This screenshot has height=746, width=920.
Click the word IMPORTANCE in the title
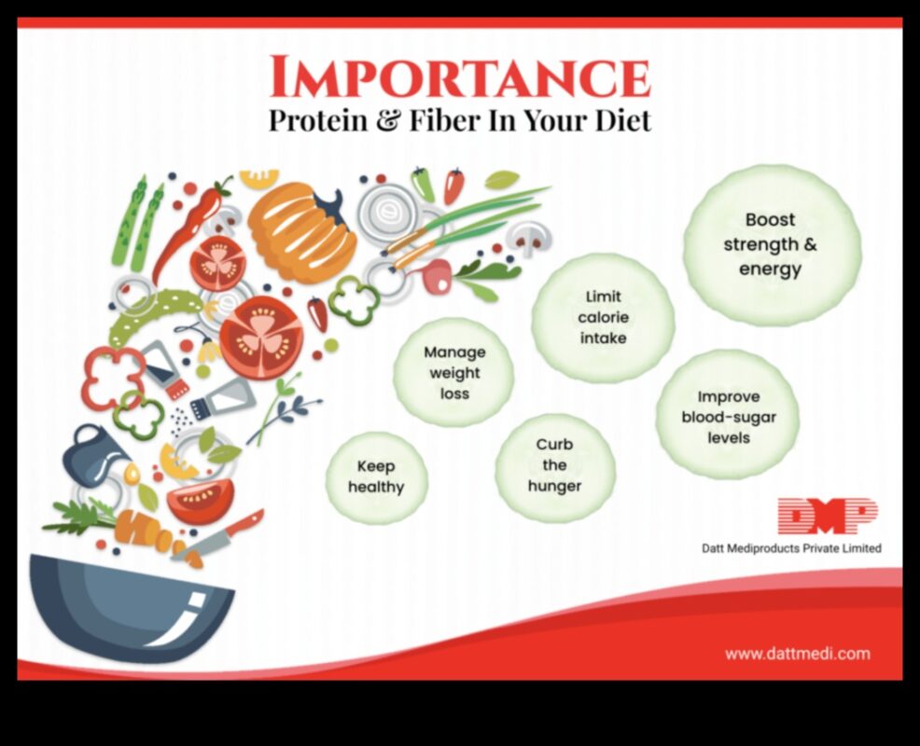tap(459, 77)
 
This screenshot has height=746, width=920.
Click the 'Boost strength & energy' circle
tap(771, 244)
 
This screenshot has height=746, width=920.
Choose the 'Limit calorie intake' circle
tap(603, 318)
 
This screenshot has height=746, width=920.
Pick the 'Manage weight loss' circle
tap(454, 373)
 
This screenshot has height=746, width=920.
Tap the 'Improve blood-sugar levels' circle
tap(728, 416)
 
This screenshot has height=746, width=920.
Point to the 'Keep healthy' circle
tap(376, 477)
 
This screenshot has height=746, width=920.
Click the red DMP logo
tap(827, 517)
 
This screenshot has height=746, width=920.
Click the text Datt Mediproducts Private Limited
tap(791, 548)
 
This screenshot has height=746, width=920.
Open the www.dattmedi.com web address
tap(797, 654)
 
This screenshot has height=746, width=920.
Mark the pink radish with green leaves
tap(439, 275)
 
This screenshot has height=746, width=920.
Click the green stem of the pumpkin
tap(328, 204)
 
